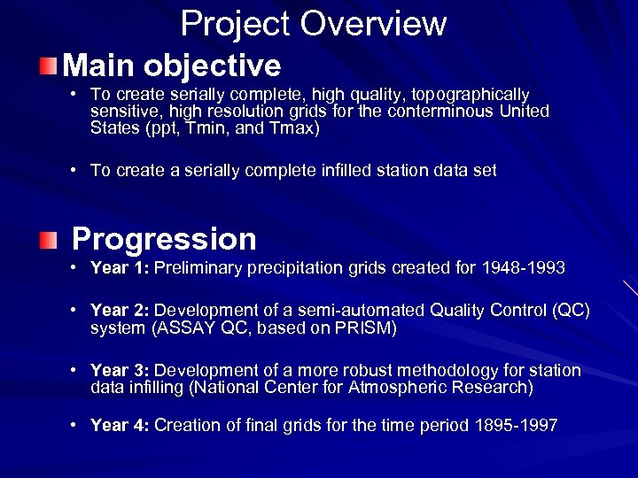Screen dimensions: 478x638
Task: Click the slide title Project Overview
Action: [313, 24]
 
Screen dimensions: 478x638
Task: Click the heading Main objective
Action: [172, 66]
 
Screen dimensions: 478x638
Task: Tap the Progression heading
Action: [164, 239]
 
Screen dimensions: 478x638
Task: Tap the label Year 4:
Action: [120, 426]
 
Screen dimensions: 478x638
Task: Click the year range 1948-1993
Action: [523, 268]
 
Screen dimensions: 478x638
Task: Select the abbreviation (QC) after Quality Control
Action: [570, 311]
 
